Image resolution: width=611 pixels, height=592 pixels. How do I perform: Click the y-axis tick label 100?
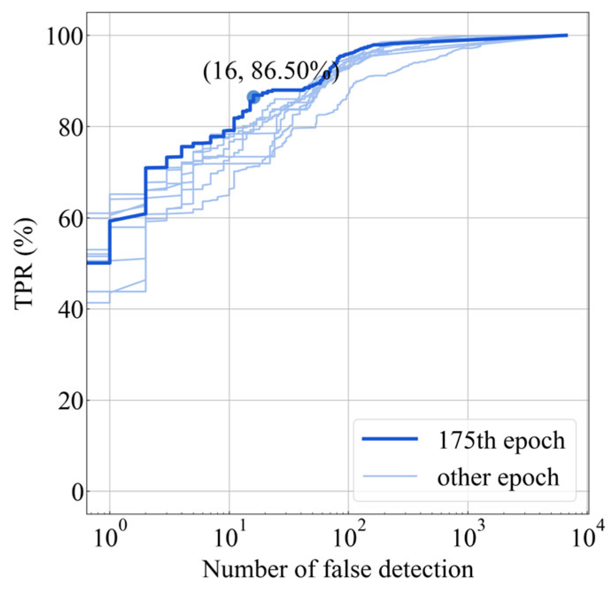65,36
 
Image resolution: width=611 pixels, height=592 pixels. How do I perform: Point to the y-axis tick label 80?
70,127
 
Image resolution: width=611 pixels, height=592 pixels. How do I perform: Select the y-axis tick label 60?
70,218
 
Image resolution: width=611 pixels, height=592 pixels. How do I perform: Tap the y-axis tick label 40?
70,309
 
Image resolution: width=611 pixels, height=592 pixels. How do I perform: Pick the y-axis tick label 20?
70,401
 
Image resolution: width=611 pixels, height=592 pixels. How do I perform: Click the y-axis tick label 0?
77,492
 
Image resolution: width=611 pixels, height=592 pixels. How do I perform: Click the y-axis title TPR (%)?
24,264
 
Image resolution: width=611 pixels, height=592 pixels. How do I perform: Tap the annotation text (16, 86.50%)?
271,71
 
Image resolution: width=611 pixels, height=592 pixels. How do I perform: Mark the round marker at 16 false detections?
253,97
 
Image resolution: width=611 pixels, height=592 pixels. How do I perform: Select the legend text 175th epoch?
501,440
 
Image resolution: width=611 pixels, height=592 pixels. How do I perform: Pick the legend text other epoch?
498,477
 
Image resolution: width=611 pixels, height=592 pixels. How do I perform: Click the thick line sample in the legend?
390,439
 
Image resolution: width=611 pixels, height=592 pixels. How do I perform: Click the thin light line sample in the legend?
390,476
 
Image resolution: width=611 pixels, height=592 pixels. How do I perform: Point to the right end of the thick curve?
567,35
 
